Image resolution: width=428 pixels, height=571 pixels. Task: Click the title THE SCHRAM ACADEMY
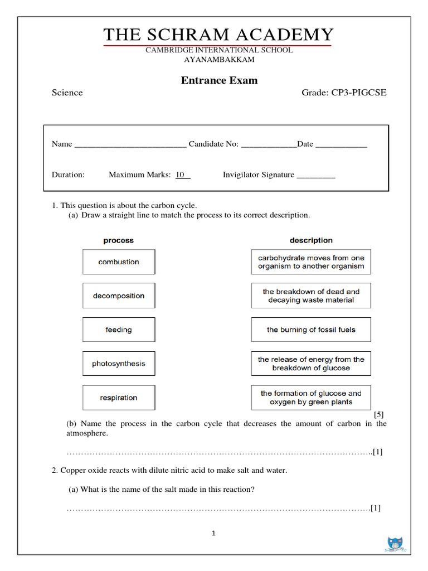pos(218,35)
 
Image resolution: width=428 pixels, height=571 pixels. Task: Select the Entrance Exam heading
pos(219,80)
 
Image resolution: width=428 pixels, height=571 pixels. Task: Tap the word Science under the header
pos(67,93)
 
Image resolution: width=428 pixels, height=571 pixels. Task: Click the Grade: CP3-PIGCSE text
pos(344,93)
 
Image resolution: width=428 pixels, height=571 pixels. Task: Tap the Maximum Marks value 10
pos(181,175)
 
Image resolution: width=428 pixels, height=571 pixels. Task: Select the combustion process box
pos(119,262)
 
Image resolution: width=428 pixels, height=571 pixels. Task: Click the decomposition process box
pos(119,296)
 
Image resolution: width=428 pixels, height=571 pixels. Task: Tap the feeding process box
pos(119,330)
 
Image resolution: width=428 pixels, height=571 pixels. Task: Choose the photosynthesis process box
pos(119,364)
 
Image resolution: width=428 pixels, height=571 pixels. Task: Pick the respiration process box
pos(119,398)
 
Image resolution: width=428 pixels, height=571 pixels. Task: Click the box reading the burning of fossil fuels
pos(311,330)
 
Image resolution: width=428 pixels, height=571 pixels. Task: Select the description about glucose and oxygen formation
pos(311,398)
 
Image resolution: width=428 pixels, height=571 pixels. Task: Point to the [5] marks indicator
pos(379,414)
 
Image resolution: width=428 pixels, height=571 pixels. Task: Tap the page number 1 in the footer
pos(214,534)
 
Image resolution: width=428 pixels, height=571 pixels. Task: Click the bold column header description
pos(311,240)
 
